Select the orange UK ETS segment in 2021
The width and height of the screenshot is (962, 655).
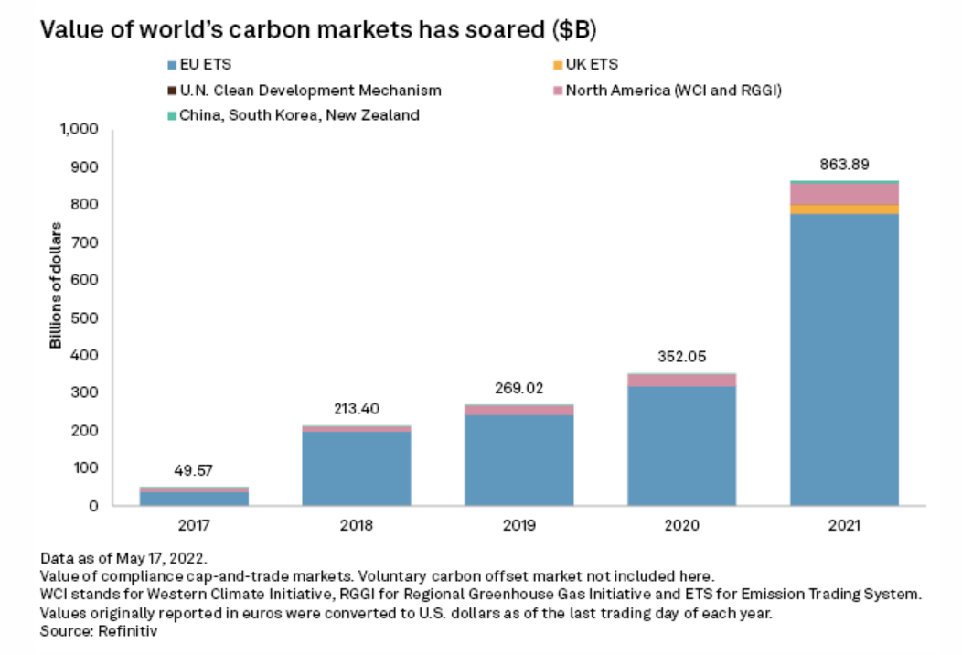tap(832, 209)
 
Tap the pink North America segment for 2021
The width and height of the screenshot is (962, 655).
tap(832, 194)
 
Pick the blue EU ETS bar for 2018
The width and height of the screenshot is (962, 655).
tap(357, 467)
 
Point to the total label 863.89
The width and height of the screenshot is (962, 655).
tap(832, 165)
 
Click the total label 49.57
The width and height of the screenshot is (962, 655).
tap(194, 470)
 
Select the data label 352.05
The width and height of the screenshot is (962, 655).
tap(681, 357)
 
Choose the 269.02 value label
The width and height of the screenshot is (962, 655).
tap(518, 388)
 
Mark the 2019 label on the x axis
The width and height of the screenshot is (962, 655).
tap(518, 527)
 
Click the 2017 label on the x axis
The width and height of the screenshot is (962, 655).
tap(194, 527)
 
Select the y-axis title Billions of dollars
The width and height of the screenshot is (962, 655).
tap(56, 285)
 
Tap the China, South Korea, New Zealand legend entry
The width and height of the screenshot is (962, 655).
tap(301, 115)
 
